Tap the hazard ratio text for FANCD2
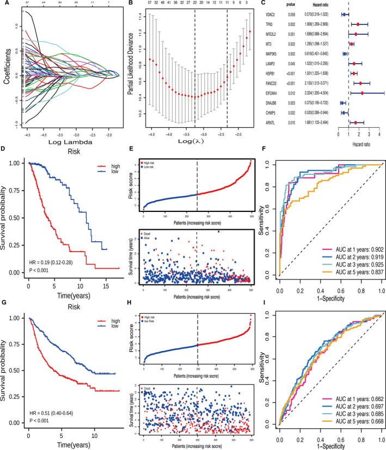click(318, 84)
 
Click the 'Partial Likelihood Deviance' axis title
click(131, 71)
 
